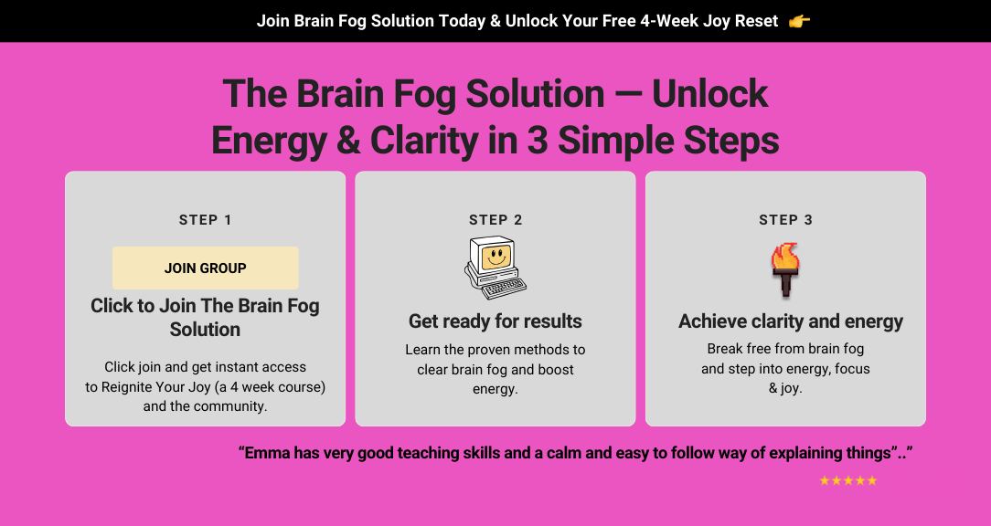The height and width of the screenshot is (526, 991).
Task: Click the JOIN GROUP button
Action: click(206, 268)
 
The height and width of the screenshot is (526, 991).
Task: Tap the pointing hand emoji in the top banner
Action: click(800, 22)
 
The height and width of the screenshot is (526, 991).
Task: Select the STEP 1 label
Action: click(206, 220)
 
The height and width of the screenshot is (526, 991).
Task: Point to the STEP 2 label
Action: click(495, 220)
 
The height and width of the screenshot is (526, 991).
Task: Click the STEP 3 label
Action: click(785, 220)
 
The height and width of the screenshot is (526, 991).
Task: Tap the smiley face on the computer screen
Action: click(496, 258)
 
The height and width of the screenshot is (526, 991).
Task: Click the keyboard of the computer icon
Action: click(504, 288)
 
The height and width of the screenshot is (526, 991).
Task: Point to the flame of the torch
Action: click(785, 257)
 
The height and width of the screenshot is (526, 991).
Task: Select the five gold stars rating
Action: click(848, 480)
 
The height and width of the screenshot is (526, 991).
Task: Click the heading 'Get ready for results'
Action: click(495, 321)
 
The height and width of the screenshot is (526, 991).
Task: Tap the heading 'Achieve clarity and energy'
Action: click(791, 321)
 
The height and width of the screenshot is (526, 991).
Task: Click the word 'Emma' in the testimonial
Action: click(265, 453)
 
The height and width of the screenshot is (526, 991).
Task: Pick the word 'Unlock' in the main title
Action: click(709, 93)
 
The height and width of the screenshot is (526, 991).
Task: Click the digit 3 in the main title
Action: click(538, 141)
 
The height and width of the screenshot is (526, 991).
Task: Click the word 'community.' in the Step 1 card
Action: click(230, 406)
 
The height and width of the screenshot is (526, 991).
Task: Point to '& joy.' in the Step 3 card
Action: click(785, 388)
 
